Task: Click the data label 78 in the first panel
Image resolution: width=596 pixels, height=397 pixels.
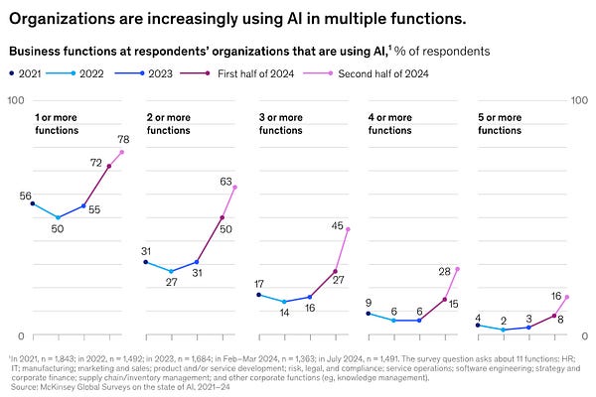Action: point(125,140)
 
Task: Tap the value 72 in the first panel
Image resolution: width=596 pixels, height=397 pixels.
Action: point(97,162)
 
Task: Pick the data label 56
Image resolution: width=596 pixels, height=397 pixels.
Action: point(26,196)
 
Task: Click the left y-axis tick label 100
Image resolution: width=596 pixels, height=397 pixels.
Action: point(15,100)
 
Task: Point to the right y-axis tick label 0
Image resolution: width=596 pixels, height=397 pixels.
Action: point(584,336)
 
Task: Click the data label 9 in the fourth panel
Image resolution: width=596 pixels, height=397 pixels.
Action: point(369,303)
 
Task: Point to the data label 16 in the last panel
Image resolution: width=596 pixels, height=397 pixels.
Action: point(556,296)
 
